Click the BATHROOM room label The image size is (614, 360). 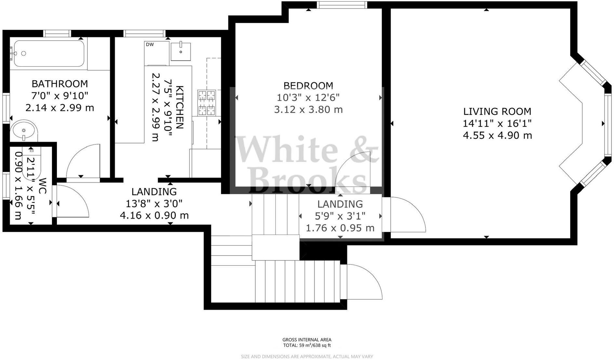[60, 84]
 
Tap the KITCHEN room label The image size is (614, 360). [180, 107]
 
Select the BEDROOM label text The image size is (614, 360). [308, 86]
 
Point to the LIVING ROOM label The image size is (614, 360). [497, 112]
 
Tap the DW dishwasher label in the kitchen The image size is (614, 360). [150, 45]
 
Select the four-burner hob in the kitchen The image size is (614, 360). [207, 103]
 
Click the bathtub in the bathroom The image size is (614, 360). [48, 53]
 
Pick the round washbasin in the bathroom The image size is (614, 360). [23, 130]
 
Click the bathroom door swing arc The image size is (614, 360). [82, 161]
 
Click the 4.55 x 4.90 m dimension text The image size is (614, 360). [497, 135]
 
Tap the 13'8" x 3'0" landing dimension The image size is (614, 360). [154, 204]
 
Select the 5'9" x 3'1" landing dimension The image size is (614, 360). [340, 216]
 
